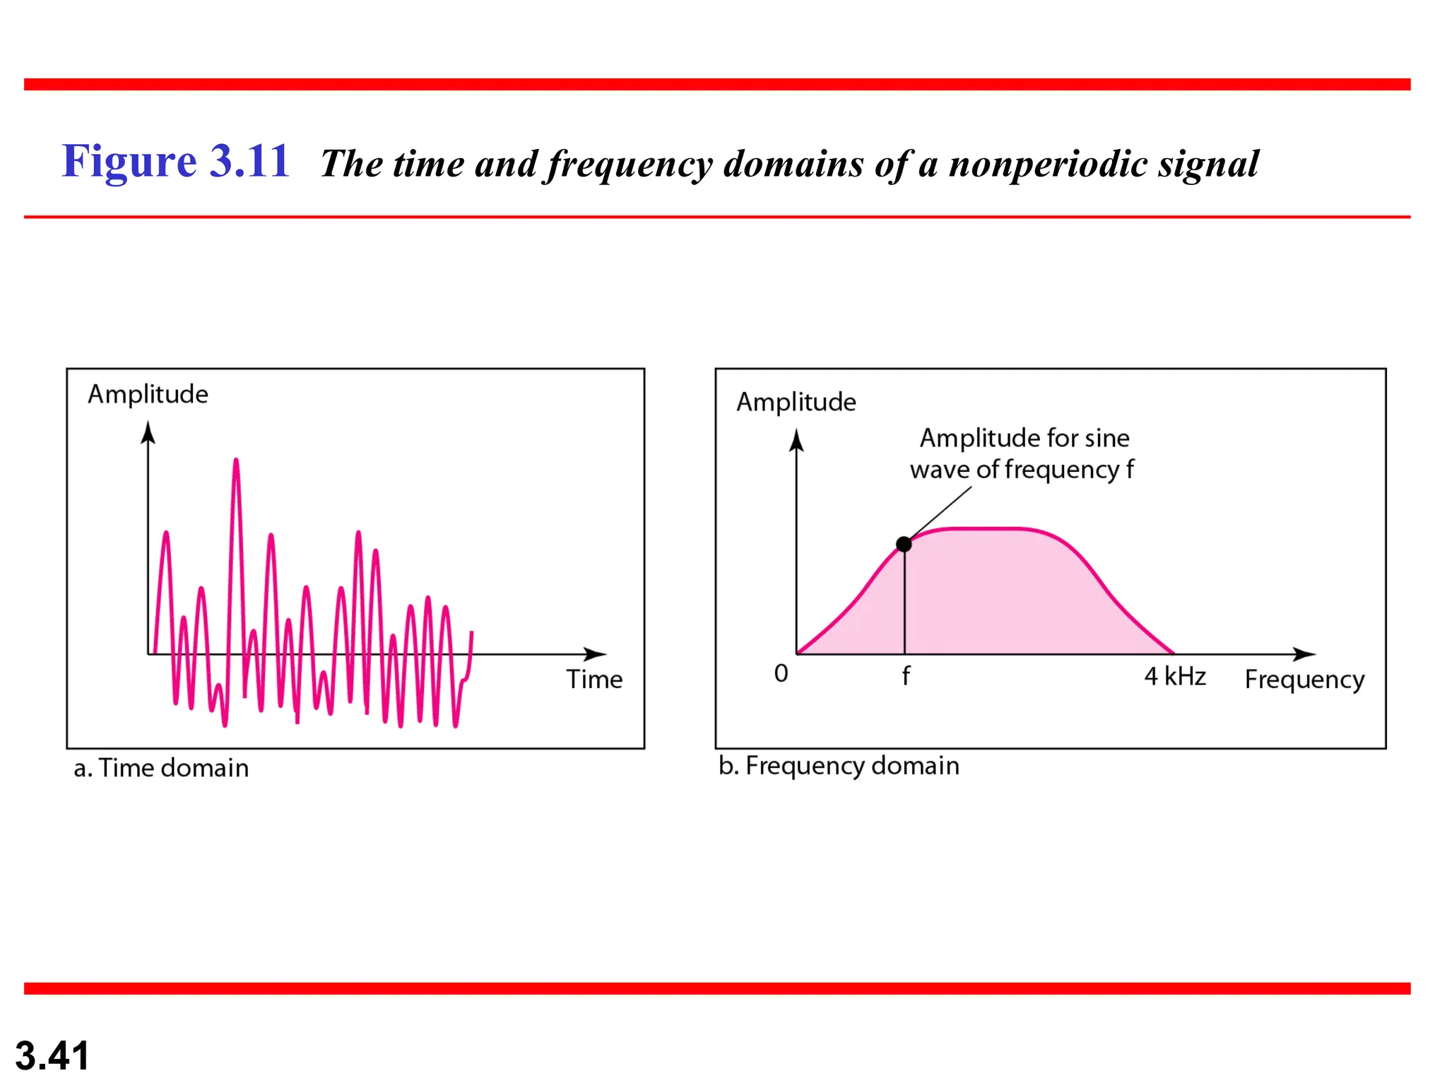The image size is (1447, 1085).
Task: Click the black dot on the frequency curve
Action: pos(904,544)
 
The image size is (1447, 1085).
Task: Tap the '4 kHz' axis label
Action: pos(1174,677)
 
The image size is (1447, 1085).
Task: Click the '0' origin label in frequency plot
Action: pos(781,673)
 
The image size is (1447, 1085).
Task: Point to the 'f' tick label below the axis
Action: pos(906,676)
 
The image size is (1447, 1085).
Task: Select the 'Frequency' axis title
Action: pos(1304,680)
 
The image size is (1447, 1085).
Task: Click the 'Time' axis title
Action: pos(594,680)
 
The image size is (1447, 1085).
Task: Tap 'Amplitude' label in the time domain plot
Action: pos(148,394)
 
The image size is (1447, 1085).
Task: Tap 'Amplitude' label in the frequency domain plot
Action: pos(796,402)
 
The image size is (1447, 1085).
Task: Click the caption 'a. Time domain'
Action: pos(161,768)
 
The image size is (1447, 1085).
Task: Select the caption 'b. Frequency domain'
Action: pos(839,766)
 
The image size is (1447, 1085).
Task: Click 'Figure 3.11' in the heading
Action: pos(175,161)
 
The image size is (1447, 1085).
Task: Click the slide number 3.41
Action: pos(52,1055)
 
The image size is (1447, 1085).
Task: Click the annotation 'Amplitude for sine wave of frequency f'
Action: pos(1022,453)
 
